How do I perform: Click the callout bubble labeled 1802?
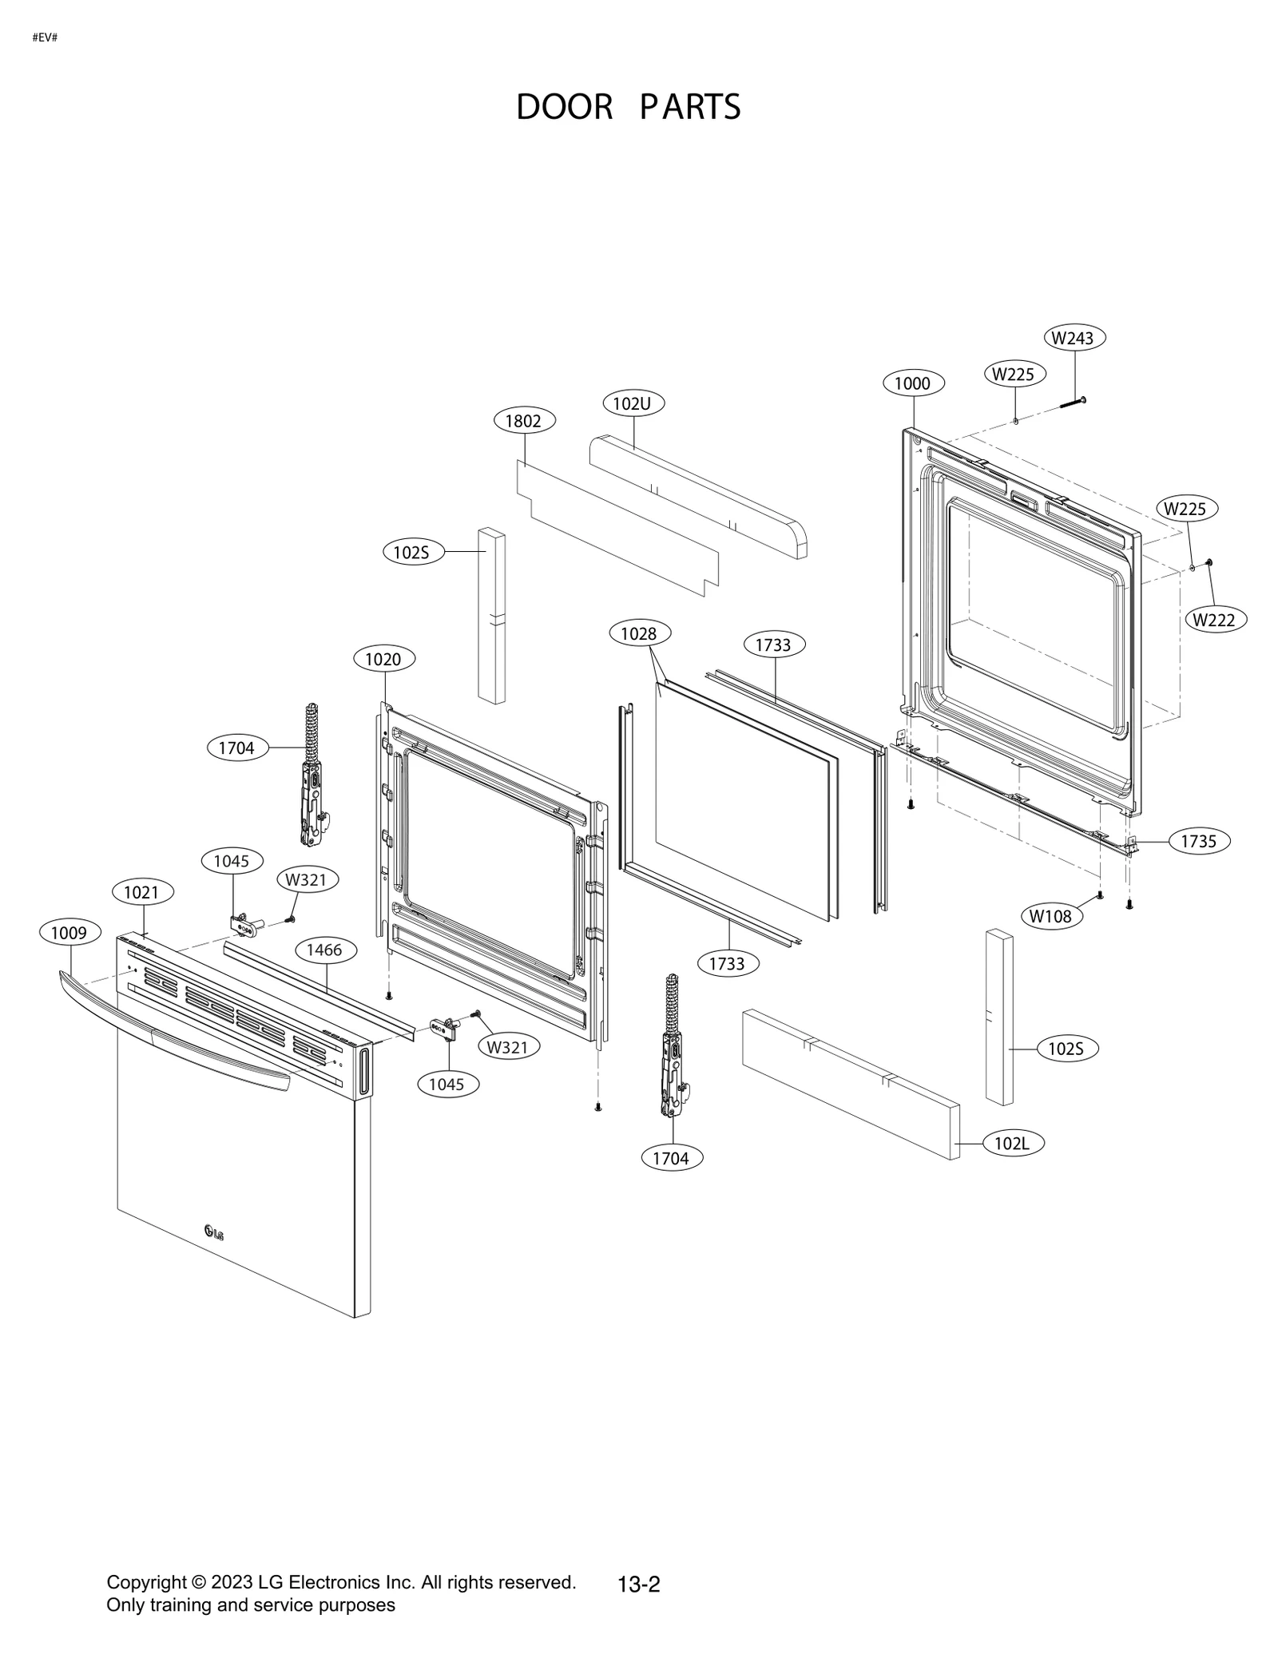(x=524, y=421)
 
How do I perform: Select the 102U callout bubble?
(x=633, y=403)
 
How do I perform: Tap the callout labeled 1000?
(x=912, y=383)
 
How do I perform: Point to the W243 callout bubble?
(x=1073, y=338)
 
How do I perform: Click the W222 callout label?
(x=1215, y=620)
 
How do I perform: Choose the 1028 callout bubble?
(x=638, y=634)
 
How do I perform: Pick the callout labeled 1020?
(x=383, y=659)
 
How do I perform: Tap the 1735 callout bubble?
(x=1199, y=841)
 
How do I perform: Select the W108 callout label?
(x=1050, y=916)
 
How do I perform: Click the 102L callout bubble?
(x=1012, y=1144)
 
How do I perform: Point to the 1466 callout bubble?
(x=324, y=950)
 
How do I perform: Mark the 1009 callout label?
(x=69, y=932)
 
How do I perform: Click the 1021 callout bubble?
(x=141, y=892)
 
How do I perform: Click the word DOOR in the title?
(x=564, y=107)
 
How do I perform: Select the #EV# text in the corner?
(x=45, y=38)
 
